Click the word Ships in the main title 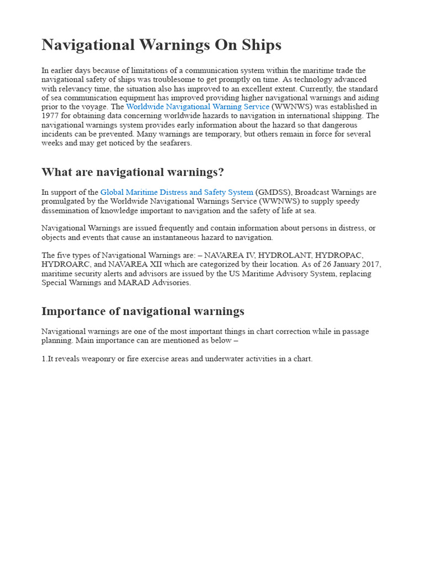[x=260, y=45]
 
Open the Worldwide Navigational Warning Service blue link [x=198, y=106]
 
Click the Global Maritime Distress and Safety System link [x=177, y=192]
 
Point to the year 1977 [x=50, y=116]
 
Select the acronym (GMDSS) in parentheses [x=273, y=192]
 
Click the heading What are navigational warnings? [x=132, y=172]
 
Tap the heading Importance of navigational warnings [x=142, y=311]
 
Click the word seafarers [x=174, y=143]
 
